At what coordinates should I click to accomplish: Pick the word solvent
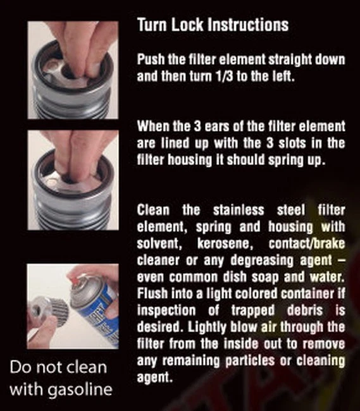coord(158,243)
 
